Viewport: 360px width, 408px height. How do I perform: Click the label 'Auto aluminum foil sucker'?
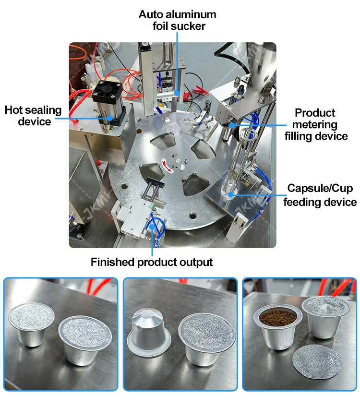177,21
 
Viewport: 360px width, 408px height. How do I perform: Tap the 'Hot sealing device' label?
34,116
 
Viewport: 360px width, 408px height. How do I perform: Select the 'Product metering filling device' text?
315,125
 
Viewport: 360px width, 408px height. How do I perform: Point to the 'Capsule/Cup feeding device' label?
320,194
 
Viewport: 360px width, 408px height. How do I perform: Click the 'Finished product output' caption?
152,262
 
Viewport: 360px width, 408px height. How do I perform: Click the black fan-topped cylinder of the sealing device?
105,98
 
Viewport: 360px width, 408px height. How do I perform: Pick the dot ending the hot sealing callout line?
110,116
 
